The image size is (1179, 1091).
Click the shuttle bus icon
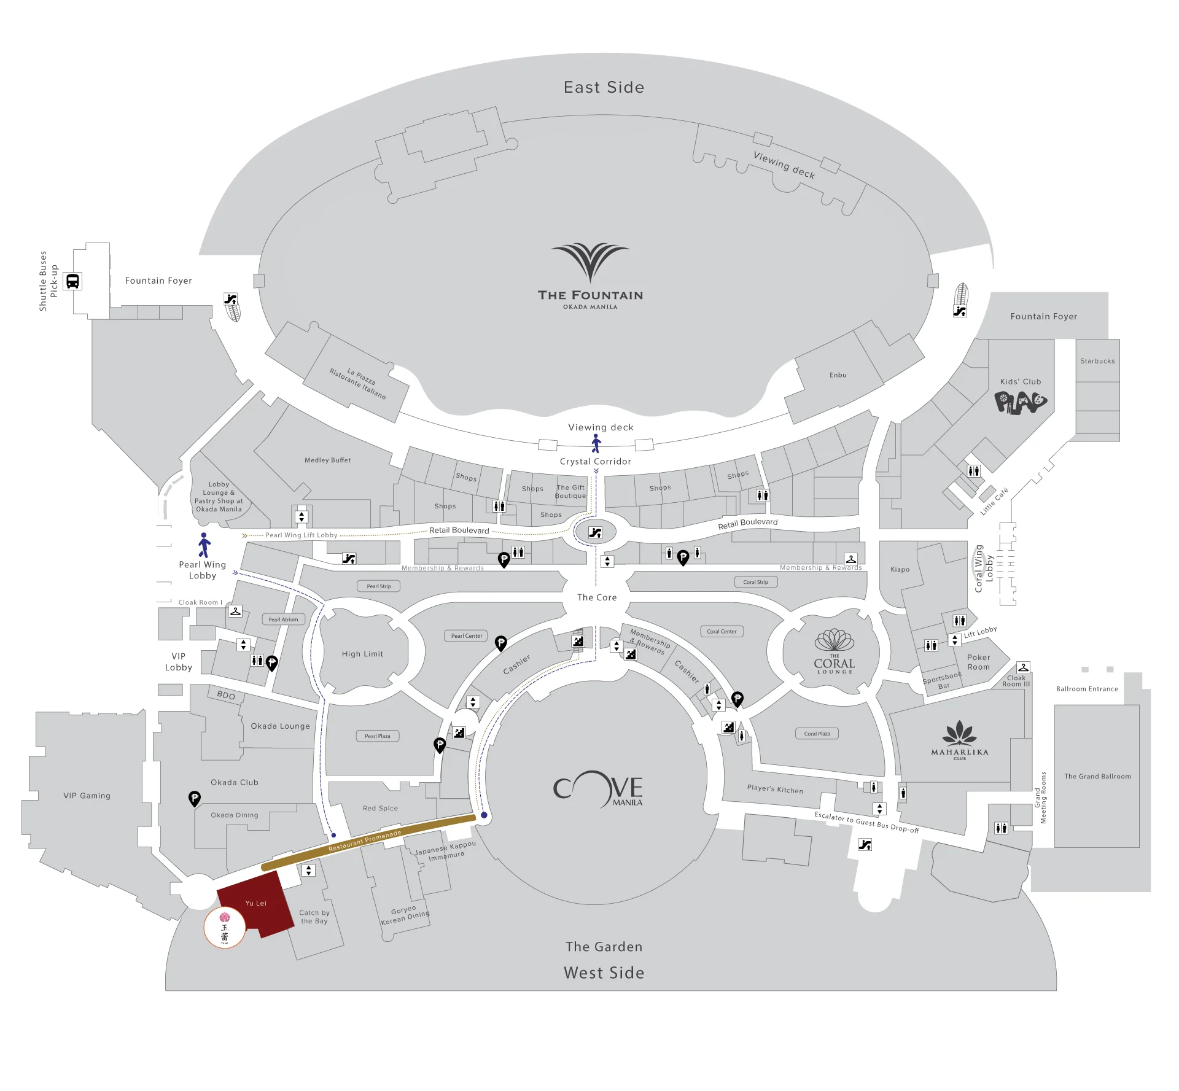click(72, 281)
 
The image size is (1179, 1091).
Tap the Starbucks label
click(1097, 361)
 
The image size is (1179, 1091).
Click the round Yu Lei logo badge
click(225, 928)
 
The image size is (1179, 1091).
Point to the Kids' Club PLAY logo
click(1020, 403)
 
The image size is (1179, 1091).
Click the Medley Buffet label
click(327, 460)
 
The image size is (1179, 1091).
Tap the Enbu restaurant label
click(838, 375)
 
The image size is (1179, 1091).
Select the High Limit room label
click(362, 654)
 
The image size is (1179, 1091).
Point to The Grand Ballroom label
click(1097, 776)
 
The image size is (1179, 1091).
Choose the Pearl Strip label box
click(379, 586)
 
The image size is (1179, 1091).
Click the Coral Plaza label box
click(817, 734)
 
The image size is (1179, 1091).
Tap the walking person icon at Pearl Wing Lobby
click(204, 545)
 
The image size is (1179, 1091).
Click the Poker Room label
click(978, 662)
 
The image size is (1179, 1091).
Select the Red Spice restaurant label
click(380, 808)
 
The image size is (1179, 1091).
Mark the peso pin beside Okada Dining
click(194, 798)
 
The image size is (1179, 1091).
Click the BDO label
click(226, 695)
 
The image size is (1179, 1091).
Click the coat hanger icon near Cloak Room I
click(235, 611)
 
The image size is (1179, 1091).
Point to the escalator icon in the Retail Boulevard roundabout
click(595, 533)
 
